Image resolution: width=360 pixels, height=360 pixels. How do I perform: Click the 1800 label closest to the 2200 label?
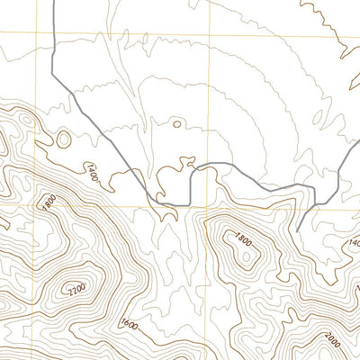coord(48,201)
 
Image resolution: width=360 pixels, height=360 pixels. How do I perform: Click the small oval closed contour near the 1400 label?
coord(64,139)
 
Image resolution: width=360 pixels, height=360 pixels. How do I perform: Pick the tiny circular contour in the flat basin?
coord(176,124)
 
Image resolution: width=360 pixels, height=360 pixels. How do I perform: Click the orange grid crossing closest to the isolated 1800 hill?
coord(212,206)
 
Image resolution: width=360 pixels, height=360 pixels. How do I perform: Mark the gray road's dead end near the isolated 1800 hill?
coord(297,230)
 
